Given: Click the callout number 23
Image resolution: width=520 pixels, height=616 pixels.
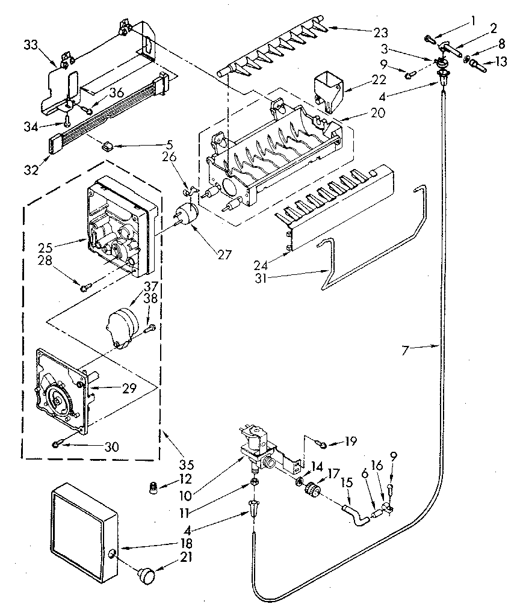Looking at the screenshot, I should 380,32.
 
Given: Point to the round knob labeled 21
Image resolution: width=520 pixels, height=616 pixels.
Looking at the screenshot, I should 146,574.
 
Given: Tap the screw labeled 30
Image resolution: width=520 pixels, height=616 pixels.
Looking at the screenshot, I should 57,445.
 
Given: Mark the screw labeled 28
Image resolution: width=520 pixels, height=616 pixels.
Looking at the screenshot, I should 84,287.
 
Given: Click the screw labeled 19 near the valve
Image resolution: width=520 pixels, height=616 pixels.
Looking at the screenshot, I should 323,445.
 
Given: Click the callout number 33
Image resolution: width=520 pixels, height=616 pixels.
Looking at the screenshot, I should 31,45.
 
